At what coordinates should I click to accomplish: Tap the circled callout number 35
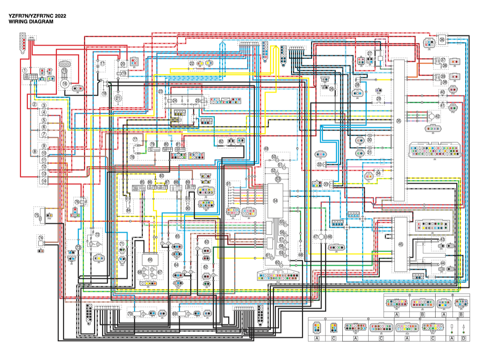click(399, 121)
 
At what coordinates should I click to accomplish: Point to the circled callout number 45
click(400, 244)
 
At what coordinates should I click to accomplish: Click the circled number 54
click(276, 201)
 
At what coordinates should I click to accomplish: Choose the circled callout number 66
click(150, 260)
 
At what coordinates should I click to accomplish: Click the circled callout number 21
click(118, 98)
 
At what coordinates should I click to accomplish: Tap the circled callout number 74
click(40, 238)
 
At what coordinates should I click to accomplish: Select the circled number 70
click(130, 313)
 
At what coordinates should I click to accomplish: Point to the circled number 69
click(174, 313)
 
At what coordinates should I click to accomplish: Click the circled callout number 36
click(442, 40)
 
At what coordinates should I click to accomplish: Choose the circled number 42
click(438, 116)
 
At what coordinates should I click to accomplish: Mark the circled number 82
click(221, 142)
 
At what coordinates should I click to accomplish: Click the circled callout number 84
click(128, 210)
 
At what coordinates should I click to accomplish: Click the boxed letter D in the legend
click(464, 338)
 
